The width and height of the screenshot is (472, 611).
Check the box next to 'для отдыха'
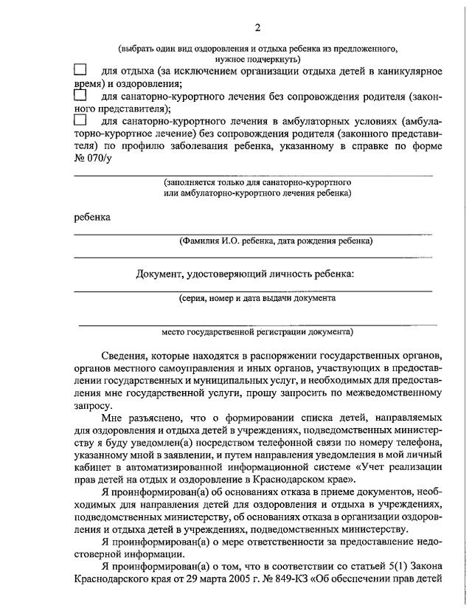pos(80,70)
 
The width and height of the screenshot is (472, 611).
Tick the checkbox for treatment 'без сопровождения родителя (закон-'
pos(80,95)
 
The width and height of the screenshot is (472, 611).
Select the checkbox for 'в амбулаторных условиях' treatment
pos(80,120)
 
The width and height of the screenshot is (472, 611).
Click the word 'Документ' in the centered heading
pos(160,275)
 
